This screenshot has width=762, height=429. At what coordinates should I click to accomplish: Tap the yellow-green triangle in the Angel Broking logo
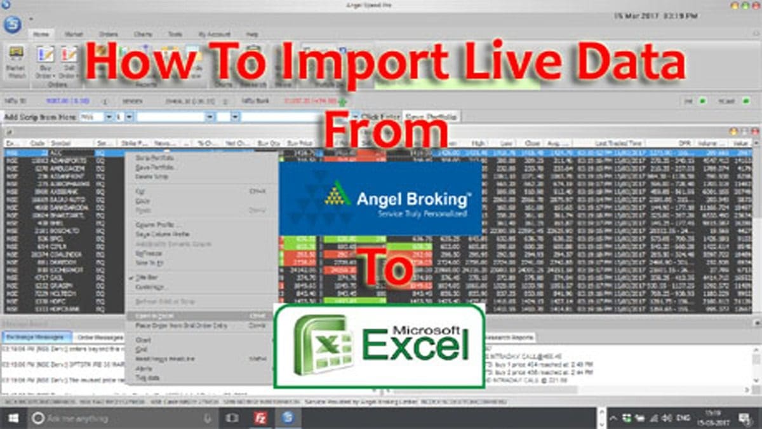(x=338, y=194)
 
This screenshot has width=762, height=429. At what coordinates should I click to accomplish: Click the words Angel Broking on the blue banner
(x=413, y=199)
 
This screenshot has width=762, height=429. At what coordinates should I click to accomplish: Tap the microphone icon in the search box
(x=207, y=418)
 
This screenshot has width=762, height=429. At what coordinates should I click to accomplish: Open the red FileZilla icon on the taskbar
(x=259, y=418)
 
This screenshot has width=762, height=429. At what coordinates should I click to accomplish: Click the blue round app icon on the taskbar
(x=287, y=418)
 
